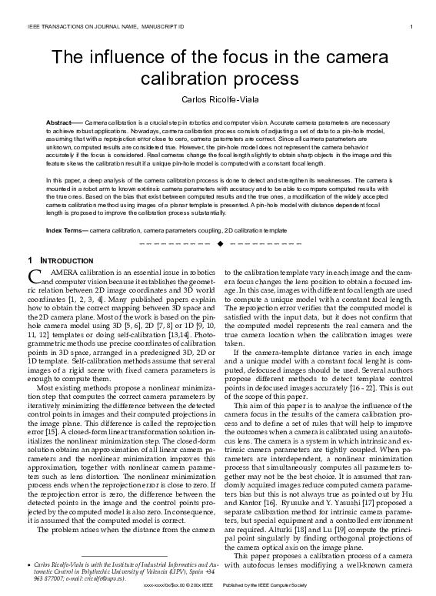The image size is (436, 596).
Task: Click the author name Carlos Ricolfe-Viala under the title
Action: [x=218, y=101]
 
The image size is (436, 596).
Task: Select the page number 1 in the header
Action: [x=412, y=28]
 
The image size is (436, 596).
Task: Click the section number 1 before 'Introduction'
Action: [x=30, y=260]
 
